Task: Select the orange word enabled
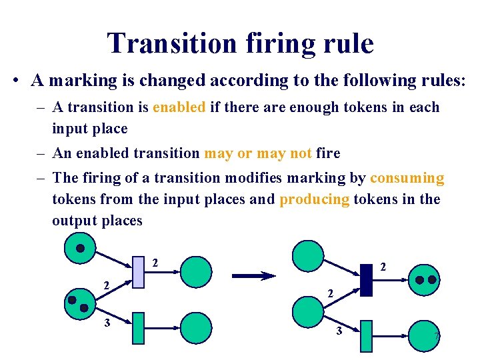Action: [179, 107]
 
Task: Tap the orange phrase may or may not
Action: [258, 153]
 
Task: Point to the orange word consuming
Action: [407, 178]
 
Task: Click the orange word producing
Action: [315, 199]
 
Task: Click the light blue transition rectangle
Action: [138, 271]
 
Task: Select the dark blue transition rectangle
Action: [366, 280]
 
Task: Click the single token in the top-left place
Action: [80, 249]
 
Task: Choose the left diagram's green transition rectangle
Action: [138, 328]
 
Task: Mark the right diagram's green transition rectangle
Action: [366, 335]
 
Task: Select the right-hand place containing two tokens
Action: [424, 280]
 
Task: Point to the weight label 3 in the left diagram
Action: [105, 323]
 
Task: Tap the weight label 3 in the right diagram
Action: [338, 331]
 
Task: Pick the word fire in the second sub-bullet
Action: [328, 153]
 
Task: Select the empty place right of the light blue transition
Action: [196, 271]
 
